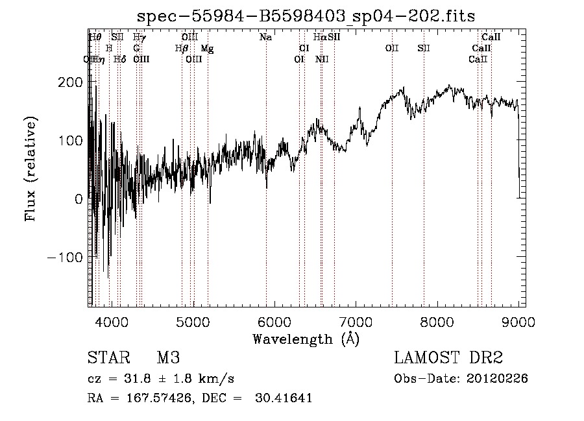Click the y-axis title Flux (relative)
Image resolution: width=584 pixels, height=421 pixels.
point(30,169)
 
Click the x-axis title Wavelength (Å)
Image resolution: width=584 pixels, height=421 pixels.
point(306,339)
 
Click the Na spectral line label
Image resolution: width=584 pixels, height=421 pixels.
point(265,38)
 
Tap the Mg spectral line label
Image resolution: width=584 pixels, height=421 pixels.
point(207,49)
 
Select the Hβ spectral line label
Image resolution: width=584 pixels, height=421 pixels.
point(182,49)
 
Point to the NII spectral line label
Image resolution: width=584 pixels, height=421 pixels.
point(322,60)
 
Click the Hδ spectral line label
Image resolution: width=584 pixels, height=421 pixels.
point(119,60)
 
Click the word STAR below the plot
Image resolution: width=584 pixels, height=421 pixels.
point(105,358)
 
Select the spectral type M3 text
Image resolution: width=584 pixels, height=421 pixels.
point(168,358)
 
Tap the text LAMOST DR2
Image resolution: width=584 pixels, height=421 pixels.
point(448,358)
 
